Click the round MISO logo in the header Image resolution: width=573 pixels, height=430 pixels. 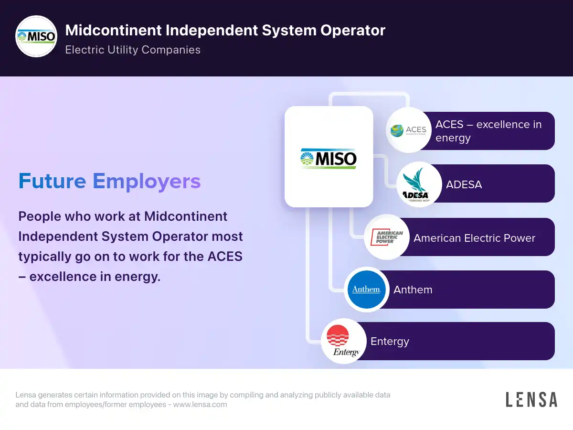pyautogui.click(x=36, y=36)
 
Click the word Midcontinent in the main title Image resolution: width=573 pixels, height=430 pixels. pyautogui.click(x=114, y=30)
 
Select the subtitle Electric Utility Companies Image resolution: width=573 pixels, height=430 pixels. pyautogui.click(x=133, y=50)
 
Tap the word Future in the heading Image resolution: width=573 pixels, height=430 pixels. pyautogui.click(x=52, y=181)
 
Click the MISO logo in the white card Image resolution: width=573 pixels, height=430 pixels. pyautogui.click(x=329, y=159)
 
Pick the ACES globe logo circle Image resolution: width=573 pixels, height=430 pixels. pyautogui.click(x=409, y=130)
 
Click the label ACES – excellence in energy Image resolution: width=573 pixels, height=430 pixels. pyautogui.click(x=488, y=131)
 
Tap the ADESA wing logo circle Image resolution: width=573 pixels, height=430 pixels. pyautogui.click(x=419, y=184)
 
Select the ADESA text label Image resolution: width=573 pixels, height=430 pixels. pyautogui.click(x=464, y=184)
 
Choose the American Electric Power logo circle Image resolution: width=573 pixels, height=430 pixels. pyautogui.click(x=387, y=237)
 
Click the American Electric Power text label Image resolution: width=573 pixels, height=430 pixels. pyautogui.click(x=474, y=238)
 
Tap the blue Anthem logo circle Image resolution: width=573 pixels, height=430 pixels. pyautogui.click(x=367, y=289)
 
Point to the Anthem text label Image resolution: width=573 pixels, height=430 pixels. pyautogui.click(x=413, y=290)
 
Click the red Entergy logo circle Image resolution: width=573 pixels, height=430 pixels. pyautogui.click(x=343, y=341)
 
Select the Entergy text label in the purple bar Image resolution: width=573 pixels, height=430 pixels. pyautogui.click(x=390, y=342)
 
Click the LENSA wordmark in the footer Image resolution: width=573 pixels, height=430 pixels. pyautogui.click(x=531, y=399)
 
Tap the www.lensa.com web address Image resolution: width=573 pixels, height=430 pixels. pyautogui.click(x=200, y=404)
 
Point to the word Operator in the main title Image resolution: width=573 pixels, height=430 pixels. pyautogui.click(x=353, y=31)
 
